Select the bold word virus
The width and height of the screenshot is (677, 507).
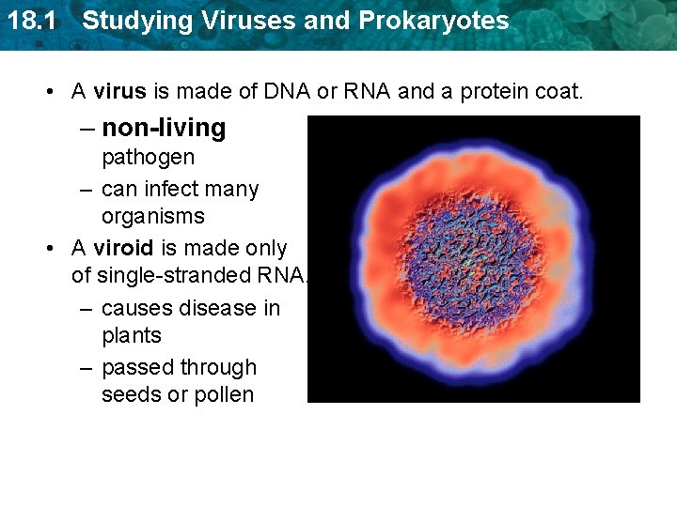pyautogui.click(x=120, y=92)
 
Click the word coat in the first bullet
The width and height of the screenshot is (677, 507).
pyautogui.click(x=558, y=92)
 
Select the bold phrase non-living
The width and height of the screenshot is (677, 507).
pyautogui.click(x=164, y=128)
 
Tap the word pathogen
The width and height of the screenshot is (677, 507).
pyautogui.click(x=148, y=157)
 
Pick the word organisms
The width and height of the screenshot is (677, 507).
pyautogui.click(x=152, y=216)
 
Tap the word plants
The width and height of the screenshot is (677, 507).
pyautogui.click(x=132, y=335)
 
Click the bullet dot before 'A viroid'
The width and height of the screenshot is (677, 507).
pyautogui.click(x=48, y=250)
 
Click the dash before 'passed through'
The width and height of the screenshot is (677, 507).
pyautogui.click(x=86, y=367)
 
